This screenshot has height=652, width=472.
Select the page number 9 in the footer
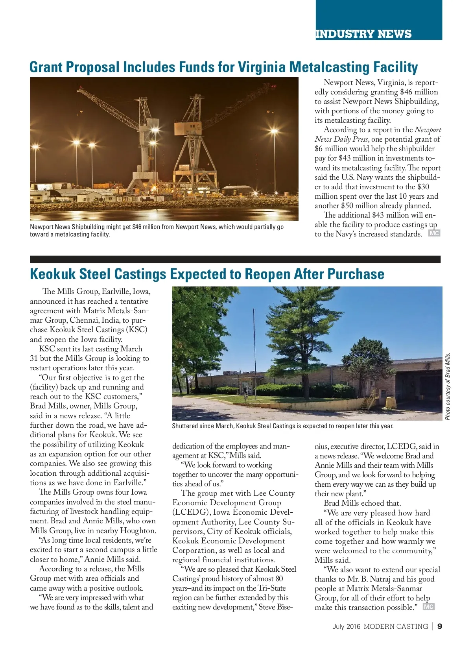(x=439, y=626)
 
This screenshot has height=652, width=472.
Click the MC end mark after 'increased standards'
(x=434, y=233)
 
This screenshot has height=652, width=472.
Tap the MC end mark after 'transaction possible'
(x=428, y=607)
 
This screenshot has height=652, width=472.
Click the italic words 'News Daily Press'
(x=341, y=139)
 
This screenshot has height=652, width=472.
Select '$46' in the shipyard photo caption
(x=136, y=227)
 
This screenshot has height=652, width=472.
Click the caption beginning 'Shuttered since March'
(x=282, y=426)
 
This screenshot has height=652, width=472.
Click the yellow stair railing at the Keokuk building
(x=372, y=399)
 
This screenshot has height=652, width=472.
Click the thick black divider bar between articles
(x=235, y=259)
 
